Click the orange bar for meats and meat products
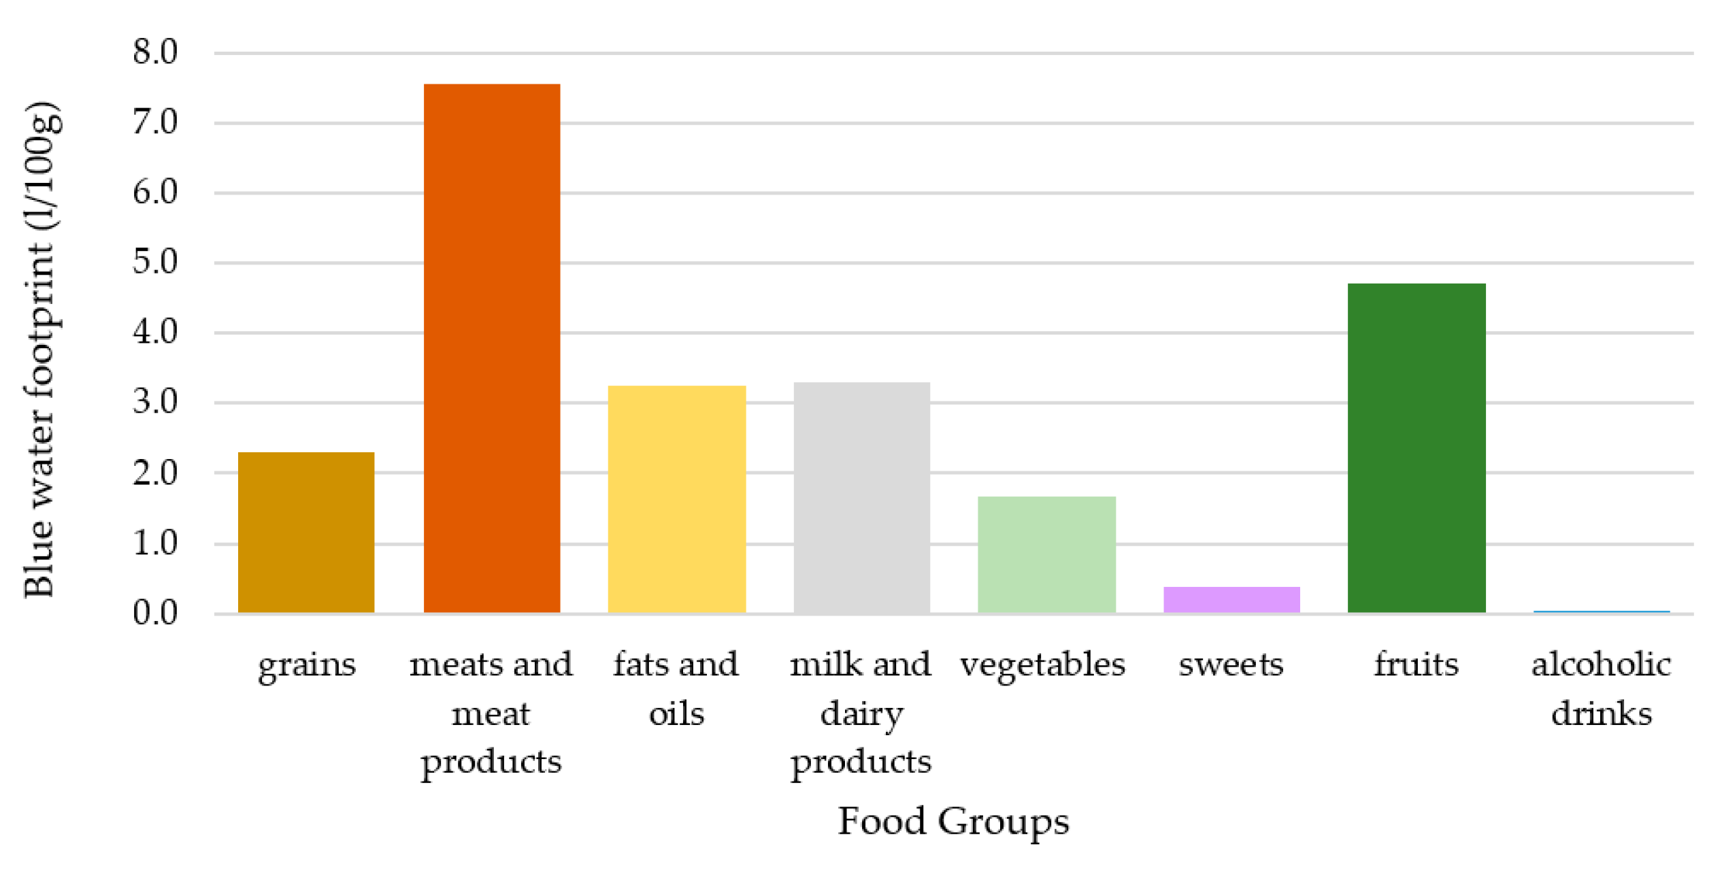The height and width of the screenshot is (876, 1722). coord(491,348)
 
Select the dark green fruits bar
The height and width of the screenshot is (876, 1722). coord(1416,448)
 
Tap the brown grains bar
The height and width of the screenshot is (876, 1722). coord(306,532)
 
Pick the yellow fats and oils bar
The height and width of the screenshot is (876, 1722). coord(676,499)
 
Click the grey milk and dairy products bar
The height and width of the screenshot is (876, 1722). coord(861,497)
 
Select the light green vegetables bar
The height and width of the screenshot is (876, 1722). coord(1046,554)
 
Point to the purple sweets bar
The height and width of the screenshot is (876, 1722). coord(1231,599)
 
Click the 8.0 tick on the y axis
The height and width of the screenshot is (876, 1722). coord(155,52)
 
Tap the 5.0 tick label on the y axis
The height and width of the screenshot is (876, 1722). coord(155,263)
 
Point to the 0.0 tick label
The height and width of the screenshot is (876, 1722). coord(155,613)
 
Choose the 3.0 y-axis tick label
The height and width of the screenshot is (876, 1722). coord(155,403)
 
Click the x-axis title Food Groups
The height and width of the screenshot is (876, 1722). coord(953,822)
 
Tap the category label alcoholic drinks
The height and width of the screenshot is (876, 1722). coord(1600,689)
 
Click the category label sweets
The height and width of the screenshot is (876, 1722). coord(1231,664)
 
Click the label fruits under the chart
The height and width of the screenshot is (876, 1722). coord(1416,664)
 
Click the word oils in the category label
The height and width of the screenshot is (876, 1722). coord(676,714)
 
